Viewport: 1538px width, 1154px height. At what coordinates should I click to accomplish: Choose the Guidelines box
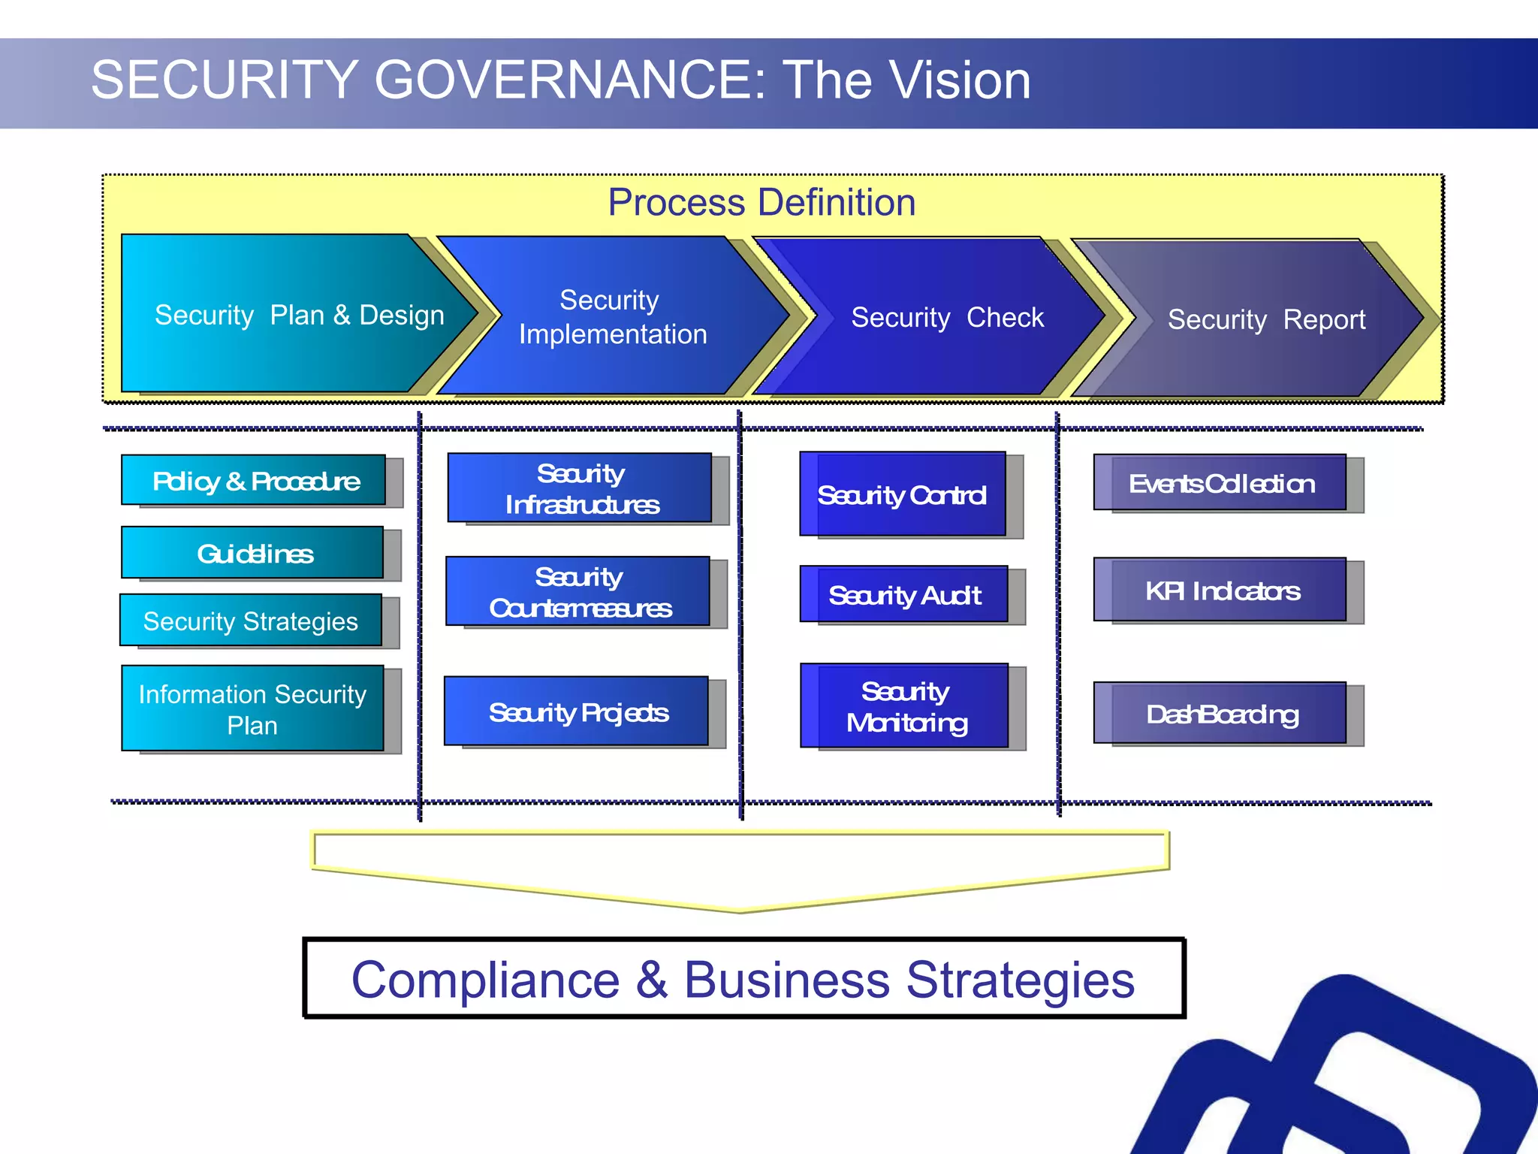coord(253,553)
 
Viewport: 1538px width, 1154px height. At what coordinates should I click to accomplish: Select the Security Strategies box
coord(251,621)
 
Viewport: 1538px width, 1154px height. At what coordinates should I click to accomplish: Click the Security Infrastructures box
coord(580,488)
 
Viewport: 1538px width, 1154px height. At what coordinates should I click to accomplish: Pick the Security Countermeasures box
coord(578,592)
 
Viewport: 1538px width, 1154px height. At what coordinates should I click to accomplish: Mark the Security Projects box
coord(577,711)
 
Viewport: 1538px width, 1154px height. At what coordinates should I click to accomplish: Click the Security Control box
coord(902,494)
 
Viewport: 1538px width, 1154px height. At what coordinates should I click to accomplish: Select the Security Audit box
coord(904,595)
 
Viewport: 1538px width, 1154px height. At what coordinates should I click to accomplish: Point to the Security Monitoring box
coord(905,706)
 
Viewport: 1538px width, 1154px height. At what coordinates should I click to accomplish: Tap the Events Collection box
coord(1220,483)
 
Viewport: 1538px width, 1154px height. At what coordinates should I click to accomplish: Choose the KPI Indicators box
coord(1220,591)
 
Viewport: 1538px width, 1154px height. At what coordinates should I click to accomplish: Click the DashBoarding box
coord(1220,714)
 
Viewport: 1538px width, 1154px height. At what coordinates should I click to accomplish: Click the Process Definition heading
coord(761,202)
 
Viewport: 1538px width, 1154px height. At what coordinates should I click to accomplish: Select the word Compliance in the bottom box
coord(486,980)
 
